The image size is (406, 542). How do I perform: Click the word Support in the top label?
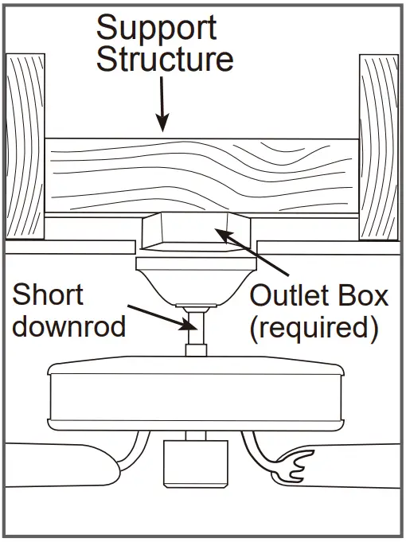pos(156,29)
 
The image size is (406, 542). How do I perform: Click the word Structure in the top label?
pos(165,60)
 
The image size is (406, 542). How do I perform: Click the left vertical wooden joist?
pos(24,146)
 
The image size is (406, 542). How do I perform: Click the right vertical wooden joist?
pos(379,146)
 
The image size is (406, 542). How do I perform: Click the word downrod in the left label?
pos(69,326)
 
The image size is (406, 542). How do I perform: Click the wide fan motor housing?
pos(195,397)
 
